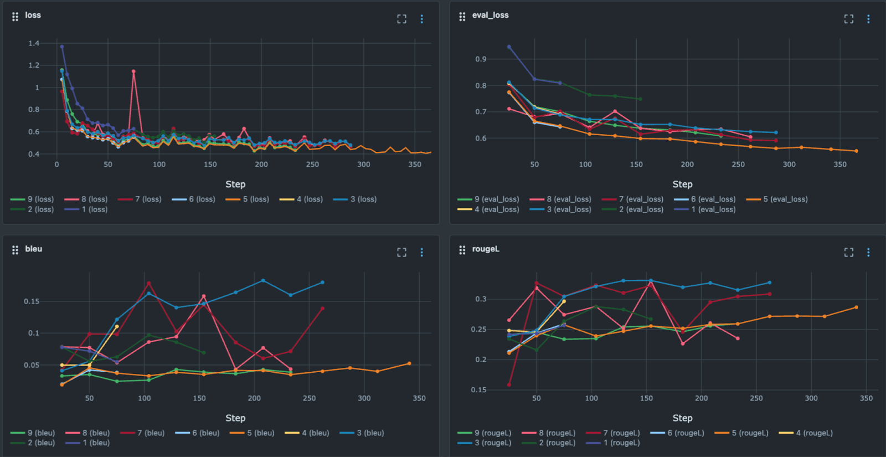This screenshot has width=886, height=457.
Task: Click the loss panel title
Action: pos(33,16)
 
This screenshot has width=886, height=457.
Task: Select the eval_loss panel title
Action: pos(490,16)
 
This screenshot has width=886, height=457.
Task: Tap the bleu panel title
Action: pos(33,249)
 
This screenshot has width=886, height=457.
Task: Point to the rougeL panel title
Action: pos(486,249)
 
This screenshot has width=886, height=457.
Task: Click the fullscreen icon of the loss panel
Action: pos(401,19)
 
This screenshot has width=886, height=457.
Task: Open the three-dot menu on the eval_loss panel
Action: pos(868,19)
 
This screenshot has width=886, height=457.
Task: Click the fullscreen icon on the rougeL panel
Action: pos(848,253)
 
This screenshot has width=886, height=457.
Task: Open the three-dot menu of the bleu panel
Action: pos(421,253)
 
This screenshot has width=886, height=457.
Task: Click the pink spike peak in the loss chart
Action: pos(133,71)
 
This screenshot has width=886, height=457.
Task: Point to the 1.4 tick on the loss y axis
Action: pos(34,43)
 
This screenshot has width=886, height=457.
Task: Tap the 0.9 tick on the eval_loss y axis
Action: pos(481,59)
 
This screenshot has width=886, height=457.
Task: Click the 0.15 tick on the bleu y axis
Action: pos(32,301)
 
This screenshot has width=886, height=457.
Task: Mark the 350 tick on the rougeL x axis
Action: pos(866,398)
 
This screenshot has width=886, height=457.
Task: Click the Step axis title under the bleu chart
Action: pos(235,418)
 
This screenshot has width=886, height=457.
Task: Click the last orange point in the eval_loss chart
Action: pos(856,151)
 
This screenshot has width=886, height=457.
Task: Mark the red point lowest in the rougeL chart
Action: pos(509,384)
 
